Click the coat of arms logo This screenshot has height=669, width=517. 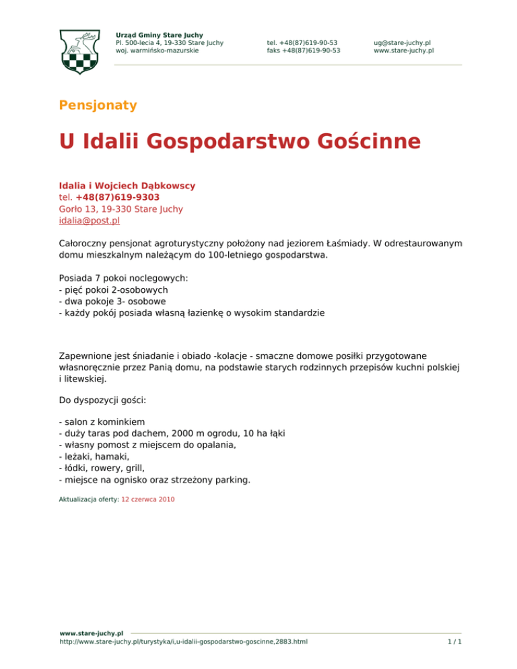[82, 50]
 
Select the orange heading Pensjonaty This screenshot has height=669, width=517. [98, 105]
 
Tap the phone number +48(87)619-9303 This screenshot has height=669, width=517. [117, 197]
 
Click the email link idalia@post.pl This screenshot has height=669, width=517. [90, 221]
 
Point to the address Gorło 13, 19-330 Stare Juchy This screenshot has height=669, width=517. [120, 209]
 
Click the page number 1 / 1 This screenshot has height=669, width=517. [454, 642]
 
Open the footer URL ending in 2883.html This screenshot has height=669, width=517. [184, 642]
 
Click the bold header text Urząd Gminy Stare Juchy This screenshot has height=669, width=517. [159, 34]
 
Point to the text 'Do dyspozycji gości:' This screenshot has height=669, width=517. [102, 400]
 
